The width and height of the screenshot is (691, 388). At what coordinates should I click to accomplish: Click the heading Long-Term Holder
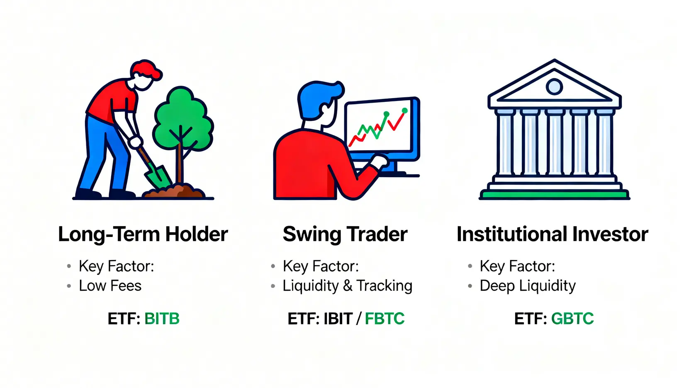(x=143, y=234)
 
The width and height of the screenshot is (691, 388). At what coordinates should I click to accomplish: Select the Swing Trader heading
(x=345, y=235)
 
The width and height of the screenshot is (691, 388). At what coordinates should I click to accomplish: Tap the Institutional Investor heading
(x=552, y=234)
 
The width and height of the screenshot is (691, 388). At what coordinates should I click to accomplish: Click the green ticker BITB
(x=162, y=318)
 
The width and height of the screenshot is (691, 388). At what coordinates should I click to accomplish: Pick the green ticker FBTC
(x=384, y=318)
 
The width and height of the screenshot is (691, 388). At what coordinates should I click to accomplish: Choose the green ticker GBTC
(x=572, y=318)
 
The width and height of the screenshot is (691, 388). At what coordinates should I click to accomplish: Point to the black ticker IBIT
(x=338, y=318)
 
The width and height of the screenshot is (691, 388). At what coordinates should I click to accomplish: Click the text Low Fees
(x=110, y=286)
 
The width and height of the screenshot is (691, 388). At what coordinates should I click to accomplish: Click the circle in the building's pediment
(x=555, y=86)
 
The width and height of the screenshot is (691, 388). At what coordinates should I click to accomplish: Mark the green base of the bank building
(x=555, y=195)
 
